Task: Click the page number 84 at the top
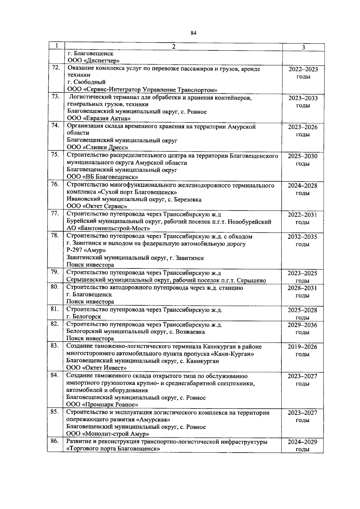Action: click(193, 33)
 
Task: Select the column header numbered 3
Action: click(303, 47)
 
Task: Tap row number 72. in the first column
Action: click(56, 68)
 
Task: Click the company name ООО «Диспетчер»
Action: click(94, 61)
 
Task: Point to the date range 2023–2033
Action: click(303, 98)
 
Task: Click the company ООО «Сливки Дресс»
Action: click(97, 147)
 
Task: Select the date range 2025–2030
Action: click(302, 156)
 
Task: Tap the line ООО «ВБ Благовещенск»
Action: click(102, 177)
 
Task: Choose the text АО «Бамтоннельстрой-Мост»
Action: click(108, 229)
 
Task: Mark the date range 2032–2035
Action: click(302, 237)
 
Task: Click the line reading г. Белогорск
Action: click(84, 316)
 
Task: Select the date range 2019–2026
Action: click(302, 347)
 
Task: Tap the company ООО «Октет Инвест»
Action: click(97, 368)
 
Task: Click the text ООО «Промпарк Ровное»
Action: click(102, 405)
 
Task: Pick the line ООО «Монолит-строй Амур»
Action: click(108, 434)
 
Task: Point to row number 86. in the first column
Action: click(55, 441)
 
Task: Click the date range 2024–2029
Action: click(302, 442)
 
